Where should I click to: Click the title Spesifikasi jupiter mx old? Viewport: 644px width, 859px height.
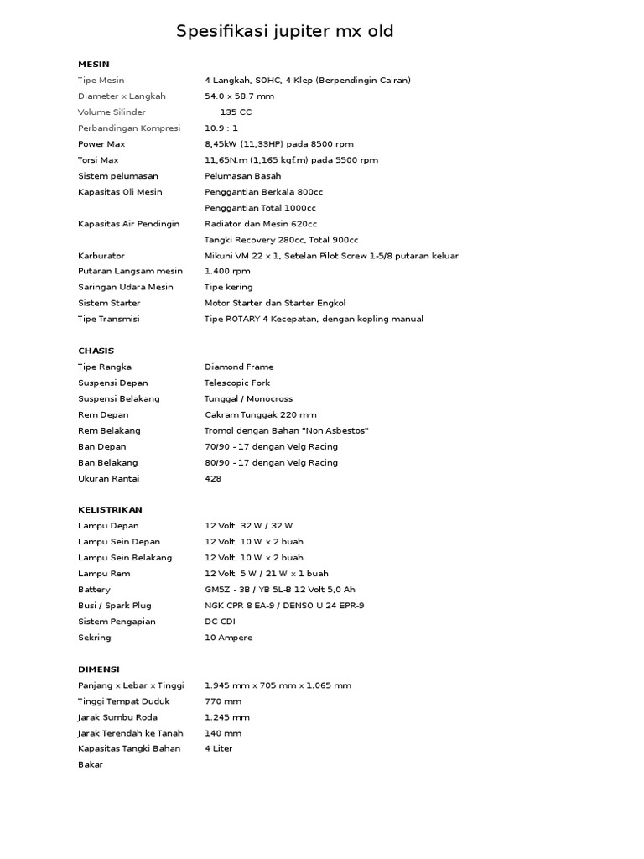(284, 32)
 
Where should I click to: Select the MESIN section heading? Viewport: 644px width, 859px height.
(93, 64)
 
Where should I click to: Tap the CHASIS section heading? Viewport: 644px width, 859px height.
(96, 351)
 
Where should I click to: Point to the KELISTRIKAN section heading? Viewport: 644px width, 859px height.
(110, 509)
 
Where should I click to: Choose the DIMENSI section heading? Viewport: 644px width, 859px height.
(98, 669)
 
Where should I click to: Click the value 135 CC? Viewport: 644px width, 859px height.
(235, 112)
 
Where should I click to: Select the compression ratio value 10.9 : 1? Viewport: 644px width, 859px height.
(221, 128)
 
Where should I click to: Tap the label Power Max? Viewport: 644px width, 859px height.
(101, 144)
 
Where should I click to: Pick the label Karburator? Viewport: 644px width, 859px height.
(101, 256)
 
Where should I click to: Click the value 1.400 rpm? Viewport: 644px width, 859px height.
(226, 271)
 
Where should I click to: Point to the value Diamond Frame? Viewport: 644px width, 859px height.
(239, 367)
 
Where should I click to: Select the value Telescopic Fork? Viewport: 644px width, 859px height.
(240, 383)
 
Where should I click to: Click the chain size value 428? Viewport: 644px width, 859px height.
(213, 478)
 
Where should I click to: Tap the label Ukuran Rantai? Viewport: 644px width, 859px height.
(108, 478)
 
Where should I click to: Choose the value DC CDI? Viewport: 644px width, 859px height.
(220, 622)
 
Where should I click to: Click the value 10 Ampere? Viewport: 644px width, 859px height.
(228, 638)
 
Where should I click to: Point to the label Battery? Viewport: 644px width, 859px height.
(94, 590)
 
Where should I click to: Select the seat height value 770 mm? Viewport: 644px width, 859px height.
(222, 701)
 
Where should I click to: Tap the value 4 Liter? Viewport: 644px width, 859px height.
(218, 748)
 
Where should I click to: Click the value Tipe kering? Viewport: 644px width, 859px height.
(228, 287)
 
